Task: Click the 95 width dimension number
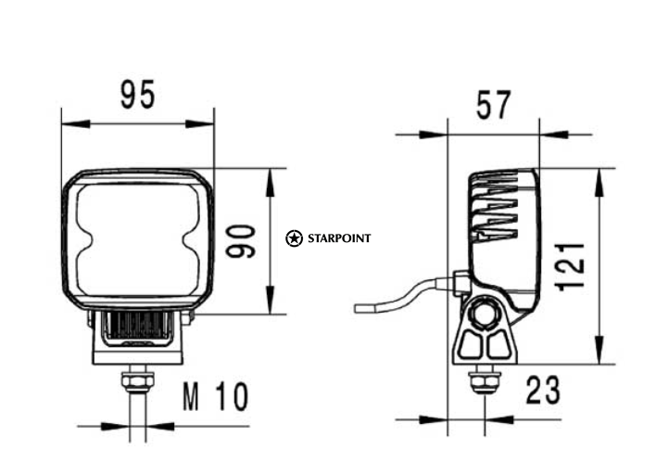click(138, 95)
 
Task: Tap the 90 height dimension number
click(241, 241)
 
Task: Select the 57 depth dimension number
click(494, 104)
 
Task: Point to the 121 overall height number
click(570, 266)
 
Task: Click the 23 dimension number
click(543, 391)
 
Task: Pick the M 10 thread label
click(216, 396)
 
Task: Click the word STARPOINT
click(339, 238)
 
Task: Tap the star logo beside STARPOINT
click(294, 238)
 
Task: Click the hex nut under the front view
click(138, 380)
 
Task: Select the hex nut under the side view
click(485, 382)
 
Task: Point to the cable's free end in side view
click(357, 309)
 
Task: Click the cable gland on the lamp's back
click(460, 282)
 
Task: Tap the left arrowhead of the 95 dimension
click(76, 123)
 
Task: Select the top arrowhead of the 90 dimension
click(271, 182)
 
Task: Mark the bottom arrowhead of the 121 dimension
click(599, 350)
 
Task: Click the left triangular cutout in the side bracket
click(471, 344)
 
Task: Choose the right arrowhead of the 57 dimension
click(554, 135)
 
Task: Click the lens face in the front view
click(138, 240)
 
